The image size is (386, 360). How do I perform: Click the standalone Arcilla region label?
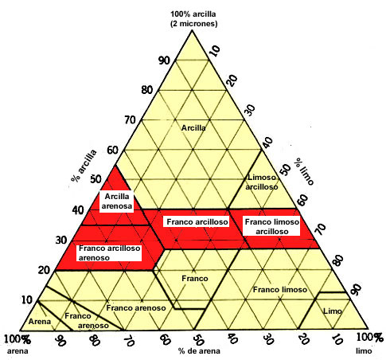193,128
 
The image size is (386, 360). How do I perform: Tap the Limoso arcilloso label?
262,182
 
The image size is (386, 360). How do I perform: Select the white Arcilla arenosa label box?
117,202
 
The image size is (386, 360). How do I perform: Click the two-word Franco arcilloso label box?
197,221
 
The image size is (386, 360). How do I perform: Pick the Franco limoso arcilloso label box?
271,226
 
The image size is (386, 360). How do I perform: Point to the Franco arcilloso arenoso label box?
109,252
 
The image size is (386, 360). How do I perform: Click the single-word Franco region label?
195,279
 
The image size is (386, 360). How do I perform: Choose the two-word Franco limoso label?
280,290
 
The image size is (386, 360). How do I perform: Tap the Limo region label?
333,311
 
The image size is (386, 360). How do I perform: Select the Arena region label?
40,322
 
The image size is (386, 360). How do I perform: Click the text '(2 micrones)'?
193,24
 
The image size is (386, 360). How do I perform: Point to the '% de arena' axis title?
199,351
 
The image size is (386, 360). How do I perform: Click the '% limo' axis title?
305,170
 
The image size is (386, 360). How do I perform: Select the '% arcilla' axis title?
84,166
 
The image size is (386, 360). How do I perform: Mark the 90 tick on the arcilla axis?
164,61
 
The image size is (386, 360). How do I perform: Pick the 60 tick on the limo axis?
302,200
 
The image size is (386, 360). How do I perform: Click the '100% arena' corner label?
18,345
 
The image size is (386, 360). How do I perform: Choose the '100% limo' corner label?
369,344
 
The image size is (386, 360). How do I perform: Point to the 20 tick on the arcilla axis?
44,270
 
